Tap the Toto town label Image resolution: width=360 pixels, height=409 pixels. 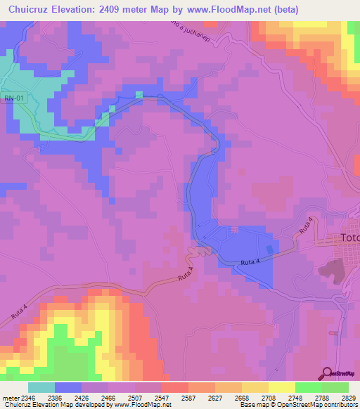pyautogui.click(x=349, y=238)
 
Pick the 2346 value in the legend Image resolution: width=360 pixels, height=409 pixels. pyautogui.click(x=29, y=398)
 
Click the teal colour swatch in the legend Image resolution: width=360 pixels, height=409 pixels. pyautogui.click(x=41, y=387)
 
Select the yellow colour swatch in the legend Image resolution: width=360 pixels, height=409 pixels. pyautogui.click(x=282, y=387)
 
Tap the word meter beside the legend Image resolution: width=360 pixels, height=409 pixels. pyautogui.click(x=9, y=398)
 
